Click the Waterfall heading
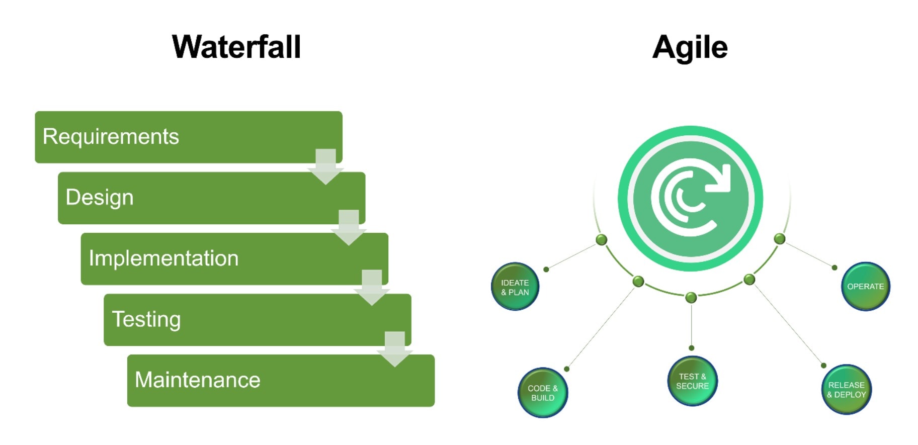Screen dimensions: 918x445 [x=236, y=47]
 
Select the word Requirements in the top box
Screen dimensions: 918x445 [x=111, y=137]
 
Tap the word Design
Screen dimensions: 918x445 [x=100, y=198]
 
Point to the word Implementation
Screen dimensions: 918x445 [x=163, y=258]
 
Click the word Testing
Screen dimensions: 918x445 [x=146, y=320]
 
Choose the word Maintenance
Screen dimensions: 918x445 [x=198, y=380]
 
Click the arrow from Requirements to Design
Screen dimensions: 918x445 [x=325, y=167]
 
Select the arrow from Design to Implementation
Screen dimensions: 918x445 [x=349, y=228]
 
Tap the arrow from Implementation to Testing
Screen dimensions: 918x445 [x=372, y=288]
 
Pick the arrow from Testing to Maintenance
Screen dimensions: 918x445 [x=395, y=349]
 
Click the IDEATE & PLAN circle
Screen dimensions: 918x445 [x=515, y=287]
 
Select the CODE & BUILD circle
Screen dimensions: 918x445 [x=543, y=393]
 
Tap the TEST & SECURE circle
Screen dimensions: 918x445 [x=693, y=381]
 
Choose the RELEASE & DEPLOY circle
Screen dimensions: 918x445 [x=847, y=390]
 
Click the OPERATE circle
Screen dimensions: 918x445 [x=866, y=287]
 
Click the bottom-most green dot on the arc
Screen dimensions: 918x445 [x=691, y=298]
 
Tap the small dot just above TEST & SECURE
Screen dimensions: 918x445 [x=692, y=348]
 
